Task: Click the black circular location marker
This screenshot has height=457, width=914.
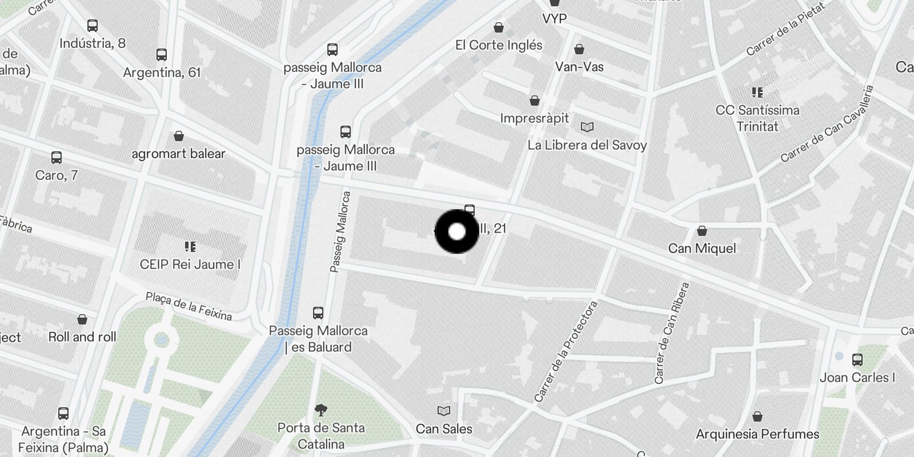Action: [456, 231]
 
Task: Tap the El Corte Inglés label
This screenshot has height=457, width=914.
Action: [498, 45]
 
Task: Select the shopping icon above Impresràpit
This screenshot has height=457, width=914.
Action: [535, 101]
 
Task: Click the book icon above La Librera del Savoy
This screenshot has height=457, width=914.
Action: [587, 127]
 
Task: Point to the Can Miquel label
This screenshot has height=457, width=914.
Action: [701, 248]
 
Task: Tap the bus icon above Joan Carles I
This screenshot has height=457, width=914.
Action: [857, 359]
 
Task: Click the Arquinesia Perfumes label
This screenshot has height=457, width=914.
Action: [757, 434]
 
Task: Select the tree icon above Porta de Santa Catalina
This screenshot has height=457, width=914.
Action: [320, 410]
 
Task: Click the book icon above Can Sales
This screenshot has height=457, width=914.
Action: [443, 411]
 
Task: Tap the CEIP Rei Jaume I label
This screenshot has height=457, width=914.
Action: [190, 264]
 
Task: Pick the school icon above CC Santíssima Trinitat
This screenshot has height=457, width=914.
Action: [757, 92]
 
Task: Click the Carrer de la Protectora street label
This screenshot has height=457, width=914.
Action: [566, 351]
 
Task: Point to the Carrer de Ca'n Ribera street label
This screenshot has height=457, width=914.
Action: [671, 333]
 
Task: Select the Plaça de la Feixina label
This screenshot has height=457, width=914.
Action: [189, 306]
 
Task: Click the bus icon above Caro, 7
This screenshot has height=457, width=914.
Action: [56, 157]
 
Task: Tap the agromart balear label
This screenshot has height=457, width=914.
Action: [178, 154]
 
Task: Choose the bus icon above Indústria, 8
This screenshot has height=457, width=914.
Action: [92, 25]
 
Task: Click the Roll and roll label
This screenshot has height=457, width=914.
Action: [82, 337]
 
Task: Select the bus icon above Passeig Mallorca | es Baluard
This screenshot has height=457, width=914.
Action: [318, 312]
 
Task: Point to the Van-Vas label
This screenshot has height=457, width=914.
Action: [579, 67]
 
